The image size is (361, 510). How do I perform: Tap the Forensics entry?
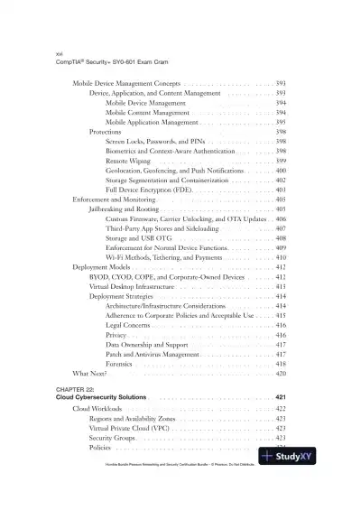121,364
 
